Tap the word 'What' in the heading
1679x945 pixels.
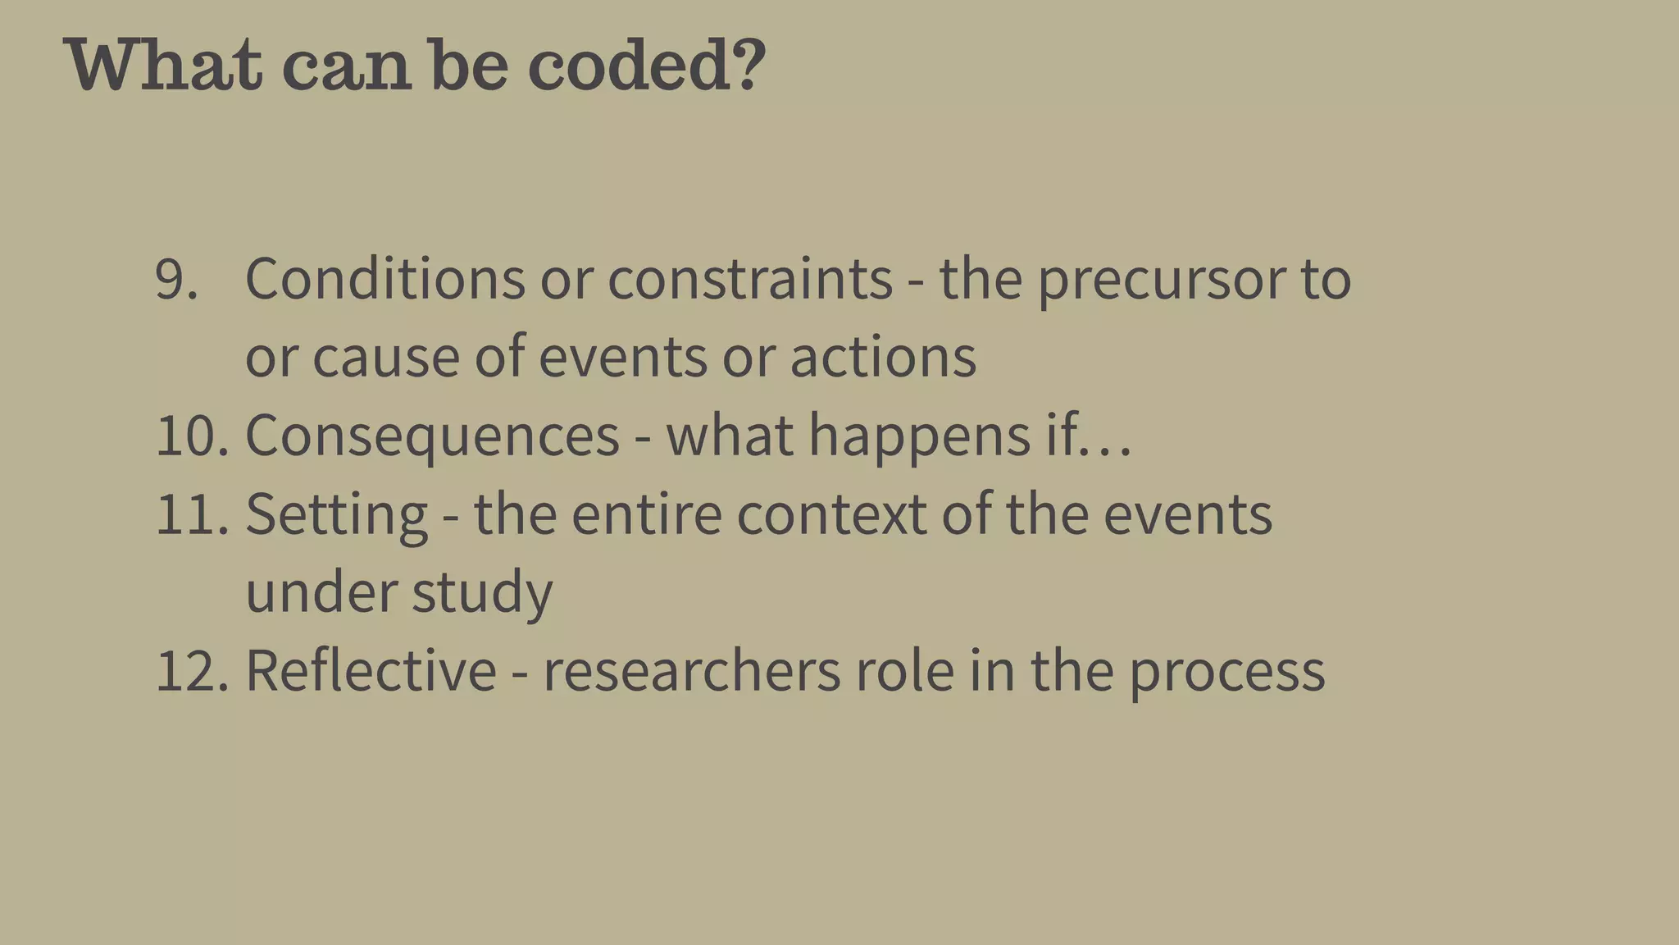pos(164,65)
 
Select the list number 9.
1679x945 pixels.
pos(176,280)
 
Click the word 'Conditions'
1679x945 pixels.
pos(384,280)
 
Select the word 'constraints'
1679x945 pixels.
pos(749,280)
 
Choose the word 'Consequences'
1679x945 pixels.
pos(432,436)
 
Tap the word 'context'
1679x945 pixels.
pos(831,514)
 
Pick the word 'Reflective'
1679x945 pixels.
pos(371,670)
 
